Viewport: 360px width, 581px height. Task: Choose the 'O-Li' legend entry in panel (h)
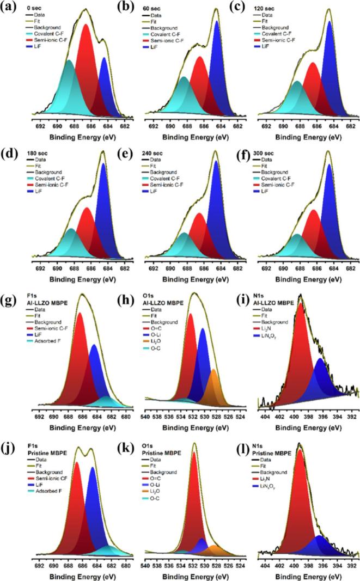(168, 331)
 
